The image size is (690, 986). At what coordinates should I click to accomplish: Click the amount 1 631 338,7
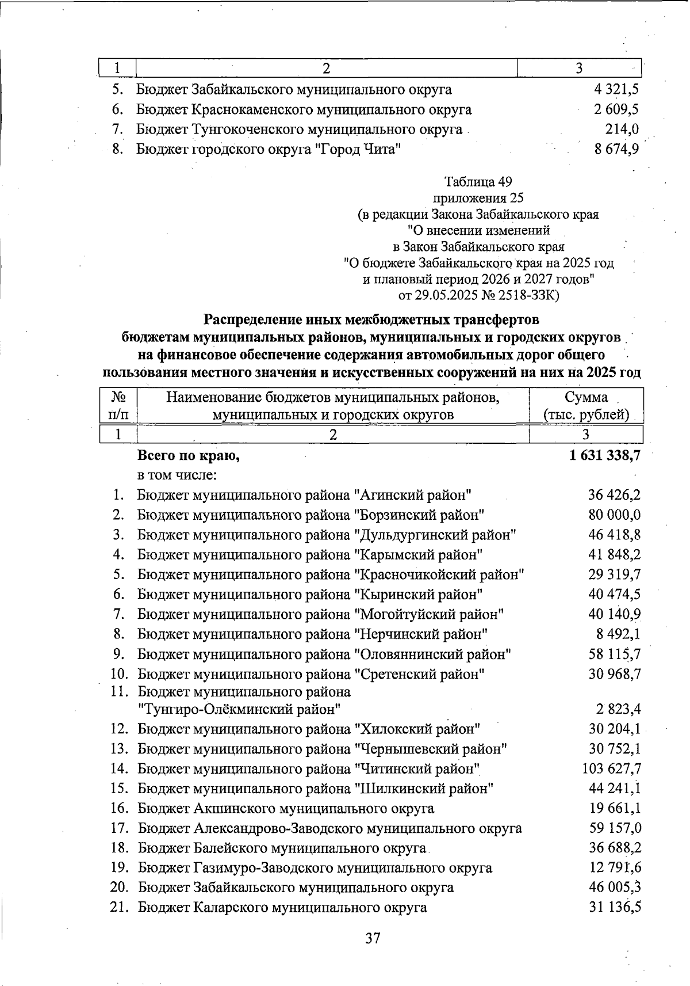(605, 456)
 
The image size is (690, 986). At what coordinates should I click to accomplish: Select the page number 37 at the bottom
(373, 938)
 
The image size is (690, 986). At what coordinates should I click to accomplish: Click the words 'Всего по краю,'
(188, 456)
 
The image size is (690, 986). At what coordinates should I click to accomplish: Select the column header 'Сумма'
(586, 397)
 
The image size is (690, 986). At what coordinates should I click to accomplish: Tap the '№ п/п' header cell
(118, 406)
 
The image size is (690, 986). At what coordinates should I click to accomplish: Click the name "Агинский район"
(414, 495)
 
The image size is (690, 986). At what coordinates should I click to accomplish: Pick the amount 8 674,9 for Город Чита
(616, 150)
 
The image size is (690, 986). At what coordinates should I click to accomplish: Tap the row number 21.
(118, 908)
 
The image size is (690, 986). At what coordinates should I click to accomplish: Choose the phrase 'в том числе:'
(177, 475)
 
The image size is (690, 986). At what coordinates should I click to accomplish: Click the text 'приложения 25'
(478, 198)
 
